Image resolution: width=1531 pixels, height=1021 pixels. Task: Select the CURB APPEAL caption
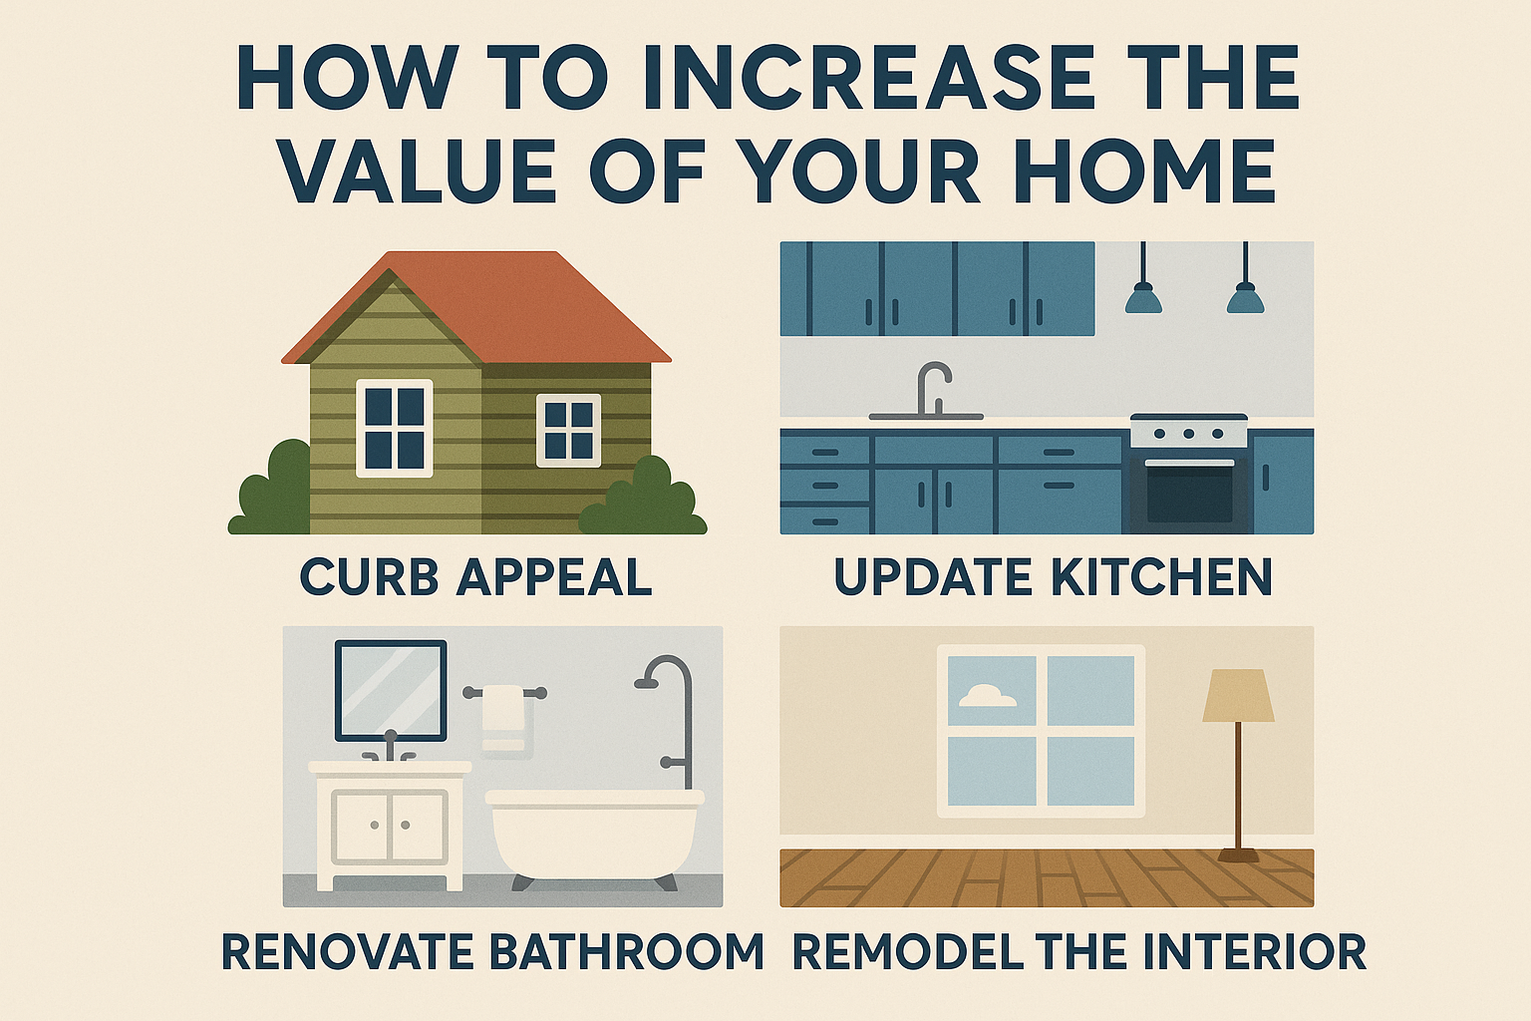476,577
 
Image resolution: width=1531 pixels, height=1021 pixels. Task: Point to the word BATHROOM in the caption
627,951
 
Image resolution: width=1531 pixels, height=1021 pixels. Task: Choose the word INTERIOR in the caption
1255,951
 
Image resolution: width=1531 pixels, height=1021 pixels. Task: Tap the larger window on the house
395,428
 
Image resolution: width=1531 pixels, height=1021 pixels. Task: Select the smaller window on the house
568,430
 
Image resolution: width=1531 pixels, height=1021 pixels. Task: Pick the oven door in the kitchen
1189,493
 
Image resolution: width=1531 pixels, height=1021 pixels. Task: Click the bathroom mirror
391,691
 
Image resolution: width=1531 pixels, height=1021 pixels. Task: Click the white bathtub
595,833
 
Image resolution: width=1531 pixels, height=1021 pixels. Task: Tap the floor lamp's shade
1238,696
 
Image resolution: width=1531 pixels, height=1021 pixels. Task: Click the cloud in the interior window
986,696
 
